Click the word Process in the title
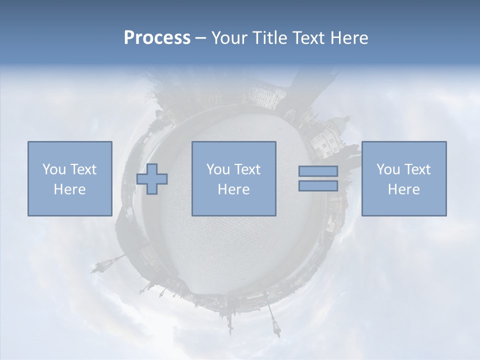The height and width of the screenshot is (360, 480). point(157,38)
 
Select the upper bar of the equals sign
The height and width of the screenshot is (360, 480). point(318,171)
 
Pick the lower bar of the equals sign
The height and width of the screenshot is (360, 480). point(318,185)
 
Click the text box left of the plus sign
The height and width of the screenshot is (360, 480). point(70,178)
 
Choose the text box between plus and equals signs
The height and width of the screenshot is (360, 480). point(233,178)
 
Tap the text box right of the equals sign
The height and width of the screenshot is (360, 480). point(404,178)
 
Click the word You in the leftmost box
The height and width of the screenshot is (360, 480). point(53,169)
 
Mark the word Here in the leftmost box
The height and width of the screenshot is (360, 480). point(70,189)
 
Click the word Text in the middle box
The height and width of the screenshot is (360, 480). point(247,169)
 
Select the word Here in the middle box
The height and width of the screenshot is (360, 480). point(233,189)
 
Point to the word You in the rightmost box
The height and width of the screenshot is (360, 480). point(388,169)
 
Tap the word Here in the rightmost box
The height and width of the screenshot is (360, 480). point(404,189)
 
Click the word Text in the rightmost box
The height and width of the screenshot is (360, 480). point(418,169)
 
